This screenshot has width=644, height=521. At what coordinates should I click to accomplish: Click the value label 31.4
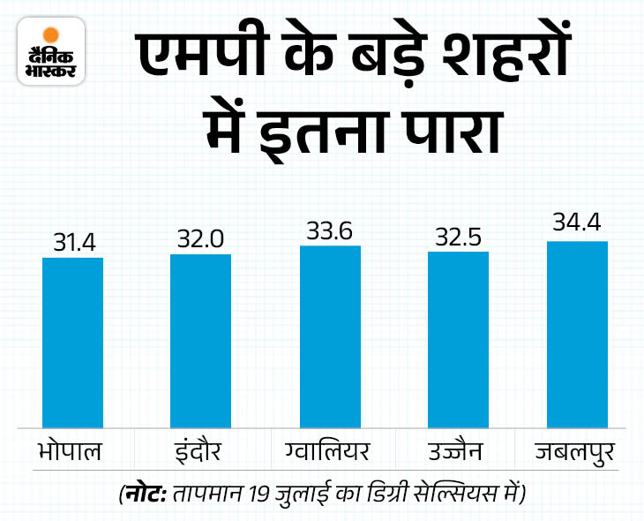72,241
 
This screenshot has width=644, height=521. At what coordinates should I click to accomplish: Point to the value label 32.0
200,238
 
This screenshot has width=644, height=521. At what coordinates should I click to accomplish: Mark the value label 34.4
577,224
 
